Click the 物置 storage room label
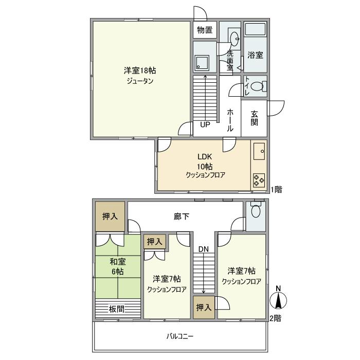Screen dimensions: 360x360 pos(205,30)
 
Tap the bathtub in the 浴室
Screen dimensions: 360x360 pos(255,29)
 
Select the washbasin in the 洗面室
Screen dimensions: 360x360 pos(235,39)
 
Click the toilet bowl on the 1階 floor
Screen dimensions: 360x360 pos(257,86)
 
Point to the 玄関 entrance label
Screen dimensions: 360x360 pos(254,118)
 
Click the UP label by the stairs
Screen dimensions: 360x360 pos(205,124)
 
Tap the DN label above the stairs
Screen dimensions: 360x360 pos(204,249)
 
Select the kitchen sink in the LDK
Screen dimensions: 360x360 pos(259,151)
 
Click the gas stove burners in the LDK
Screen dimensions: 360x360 pos(259,180)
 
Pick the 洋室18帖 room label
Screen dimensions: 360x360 pos(140,70)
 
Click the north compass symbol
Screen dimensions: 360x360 pos(278,298)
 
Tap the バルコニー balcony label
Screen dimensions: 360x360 pos(180,336)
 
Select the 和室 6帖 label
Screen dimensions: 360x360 pos(118,266)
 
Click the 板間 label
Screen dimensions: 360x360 pos(117,309)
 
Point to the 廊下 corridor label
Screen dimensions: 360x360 pos(182,217)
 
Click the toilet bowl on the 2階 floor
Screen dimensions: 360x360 pos(256,210)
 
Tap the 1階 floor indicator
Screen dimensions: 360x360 pos(276,189)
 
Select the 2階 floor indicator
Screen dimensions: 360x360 pos(275,318)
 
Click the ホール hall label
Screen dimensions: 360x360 pos(230,120)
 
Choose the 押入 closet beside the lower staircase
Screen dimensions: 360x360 pos(204,308)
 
